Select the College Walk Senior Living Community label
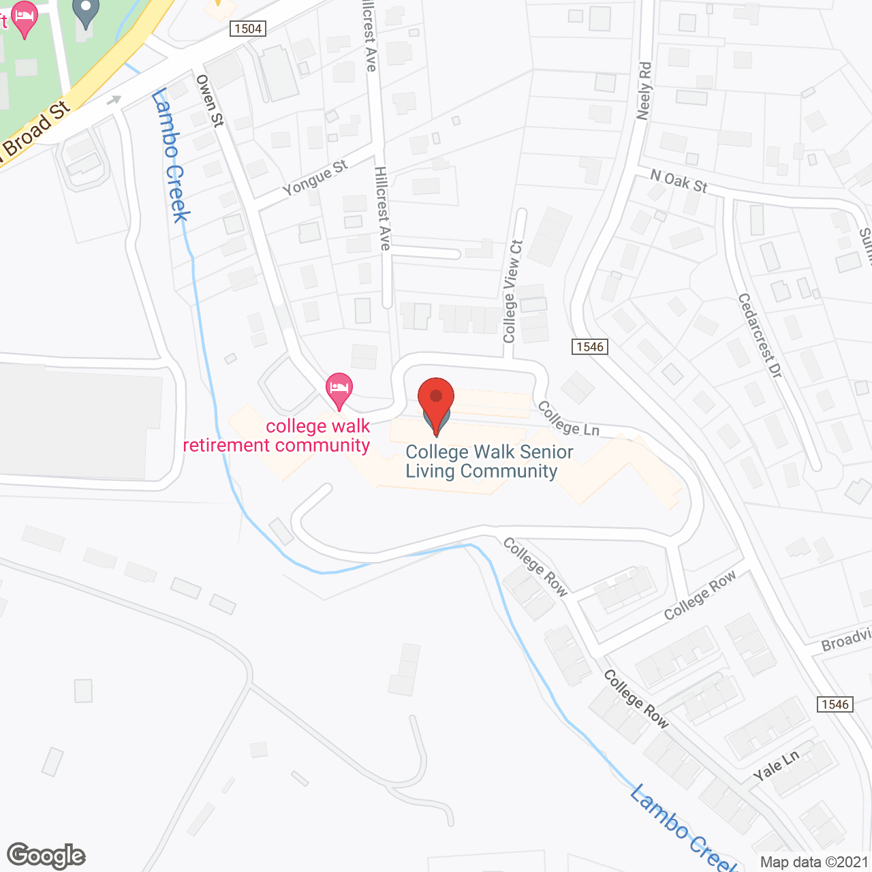488,462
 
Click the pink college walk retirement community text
277,436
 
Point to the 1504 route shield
247,29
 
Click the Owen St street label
210,100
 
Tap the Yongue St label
315,178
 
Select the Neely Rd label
644,91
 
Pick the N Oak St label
679,181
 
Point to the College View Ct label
512,291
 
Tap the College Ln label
568,418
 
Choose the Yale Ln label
776,766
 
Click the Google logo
46,856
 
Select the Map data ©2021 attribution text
814,862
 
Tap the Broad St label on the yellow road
37,129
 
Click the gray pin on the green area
85,13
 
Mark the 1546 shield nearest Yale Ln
835,704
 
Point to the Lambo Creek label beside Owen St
170,155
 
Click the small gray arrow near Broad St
114,101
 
